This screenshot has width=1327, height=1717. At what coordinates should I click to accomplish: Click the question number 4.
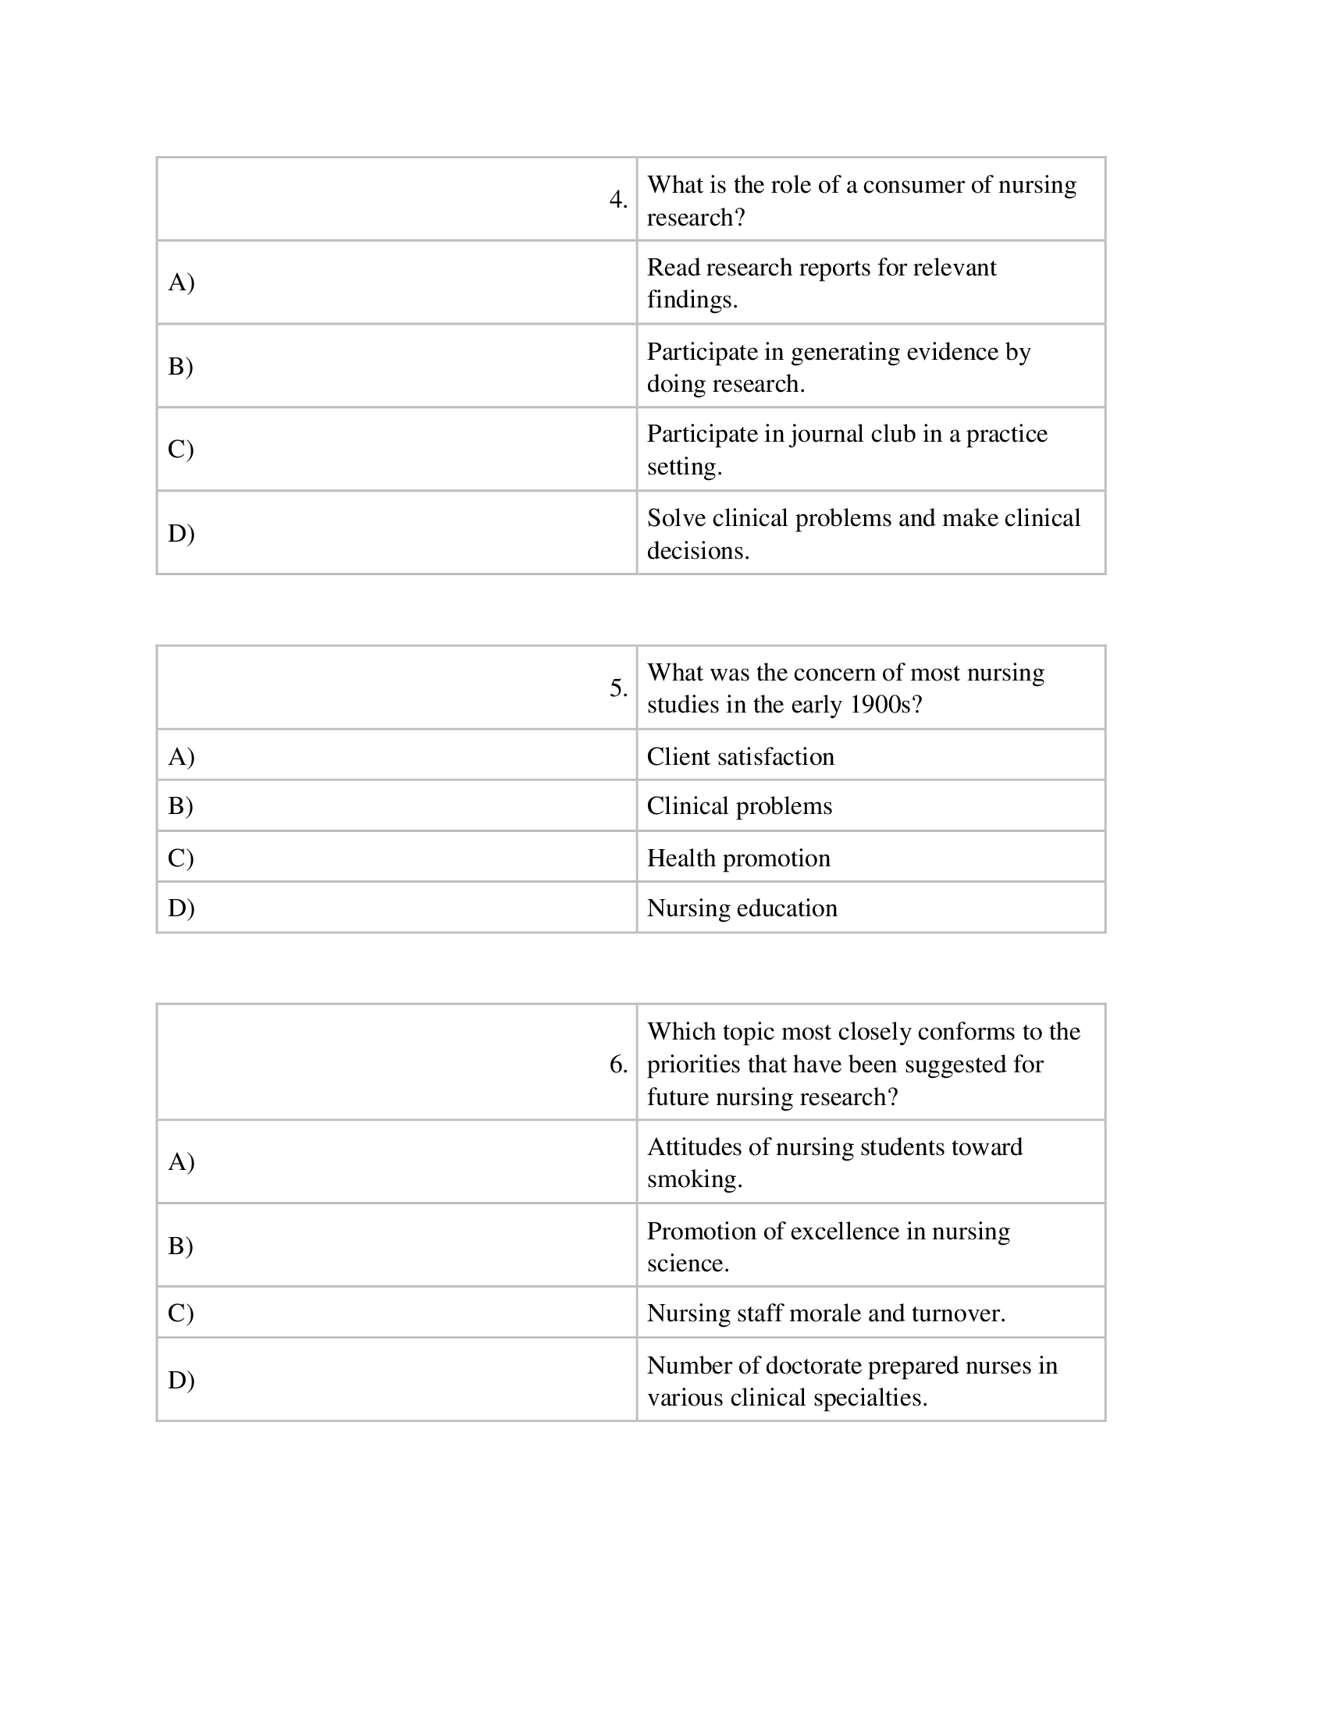618,200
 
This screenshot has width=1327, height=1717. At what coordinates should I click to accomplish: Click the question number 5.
618,688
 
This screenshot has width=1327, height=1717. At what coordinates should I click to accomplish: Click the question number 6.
618,1065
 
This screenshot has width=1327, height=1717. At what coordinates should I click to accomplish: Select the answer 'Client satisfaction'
740,756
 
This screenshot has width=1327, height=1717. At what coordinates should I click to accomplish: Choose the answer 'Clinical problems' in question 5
739,806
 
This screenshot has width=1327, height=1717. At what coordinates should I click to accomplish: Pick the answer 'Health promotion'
738,858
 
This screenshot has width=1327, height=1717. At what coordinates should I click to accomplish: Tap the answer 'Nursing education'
742,908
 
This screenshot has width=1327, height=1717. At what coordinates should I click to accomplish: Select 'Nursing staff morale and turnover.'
825,1313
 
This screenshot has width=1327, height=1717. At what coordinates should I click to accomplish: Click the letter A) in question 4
181,282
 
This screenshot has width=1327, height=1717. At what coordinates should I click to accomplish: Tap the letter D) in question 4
181,533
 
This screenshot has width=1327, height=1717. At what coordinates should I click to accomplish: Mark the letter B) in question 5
181,806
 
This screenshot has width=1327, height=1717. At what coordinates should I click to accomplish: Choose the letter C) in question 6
181,1313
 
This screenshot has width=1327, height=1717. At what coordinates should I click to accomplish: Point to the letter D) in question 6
181,1380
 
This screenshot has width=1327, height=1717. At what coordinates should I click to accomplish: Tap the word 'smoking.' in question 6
694,1179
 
